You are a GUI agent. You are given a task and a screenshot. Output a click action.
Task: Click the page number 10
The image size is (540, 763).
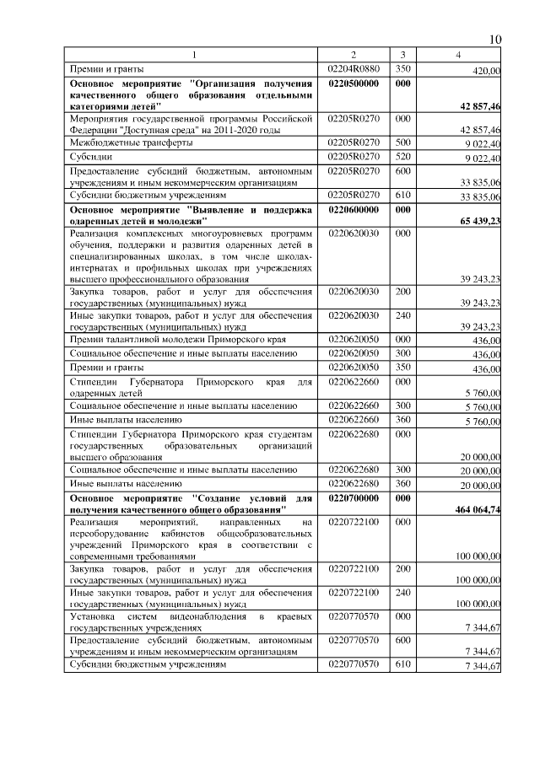[495, 40]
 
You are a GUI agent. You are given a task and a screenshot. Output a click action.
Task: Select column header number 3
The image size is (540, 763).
[403, 55]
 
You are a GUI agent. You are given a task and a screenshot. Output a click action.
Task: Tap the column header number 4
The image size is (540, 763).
[459, 55]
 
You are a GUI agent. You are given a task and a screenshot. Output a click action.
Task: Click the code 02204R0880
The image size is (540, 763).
[354, 68]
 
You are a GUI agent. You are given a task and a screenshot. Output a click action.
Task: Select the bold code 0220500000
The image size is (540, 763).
[354, 84]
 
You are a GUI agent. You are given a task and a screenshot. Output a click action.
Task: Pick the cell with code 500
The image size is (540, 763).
[402, 142]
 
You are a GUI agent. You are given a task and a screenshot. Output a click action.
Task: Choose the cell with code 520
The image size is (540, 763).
[402, 156]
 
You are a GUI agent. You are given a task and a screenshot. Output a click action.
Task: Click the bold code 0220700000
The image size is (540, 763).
[354, 498]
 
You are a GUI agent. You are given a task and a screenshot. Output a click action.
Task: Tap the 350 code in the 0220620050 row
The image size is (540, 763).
[402, 367]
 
